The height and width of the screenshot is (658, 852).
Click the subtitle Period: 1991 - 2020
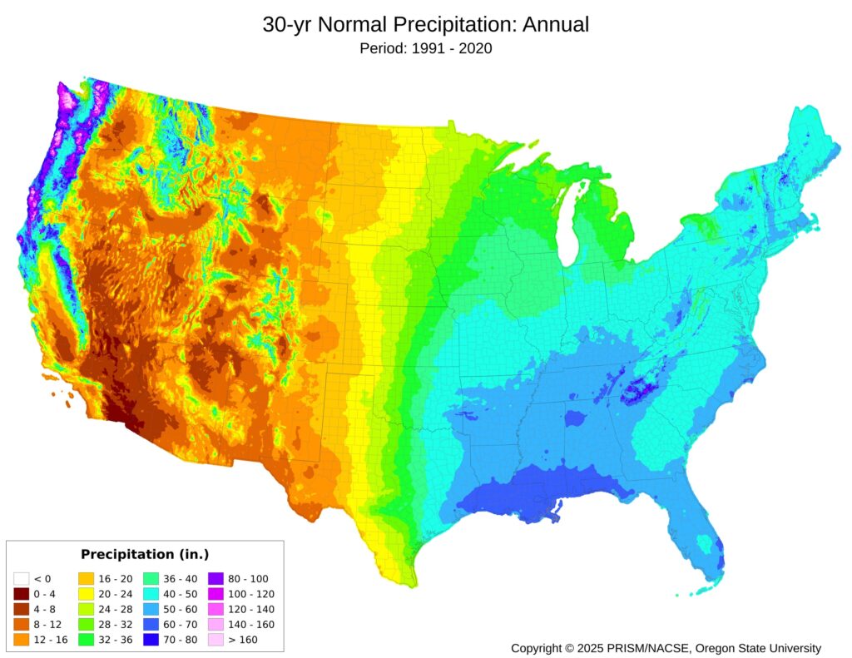tap(425, 48)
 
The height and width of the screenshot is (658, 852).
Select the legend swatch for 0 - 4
tap(22, 594)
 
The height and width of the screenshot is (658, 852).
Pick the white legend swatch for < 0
tap(22, 578)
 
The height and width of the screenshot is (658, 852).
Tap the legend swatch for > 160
tap(215, 640)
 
